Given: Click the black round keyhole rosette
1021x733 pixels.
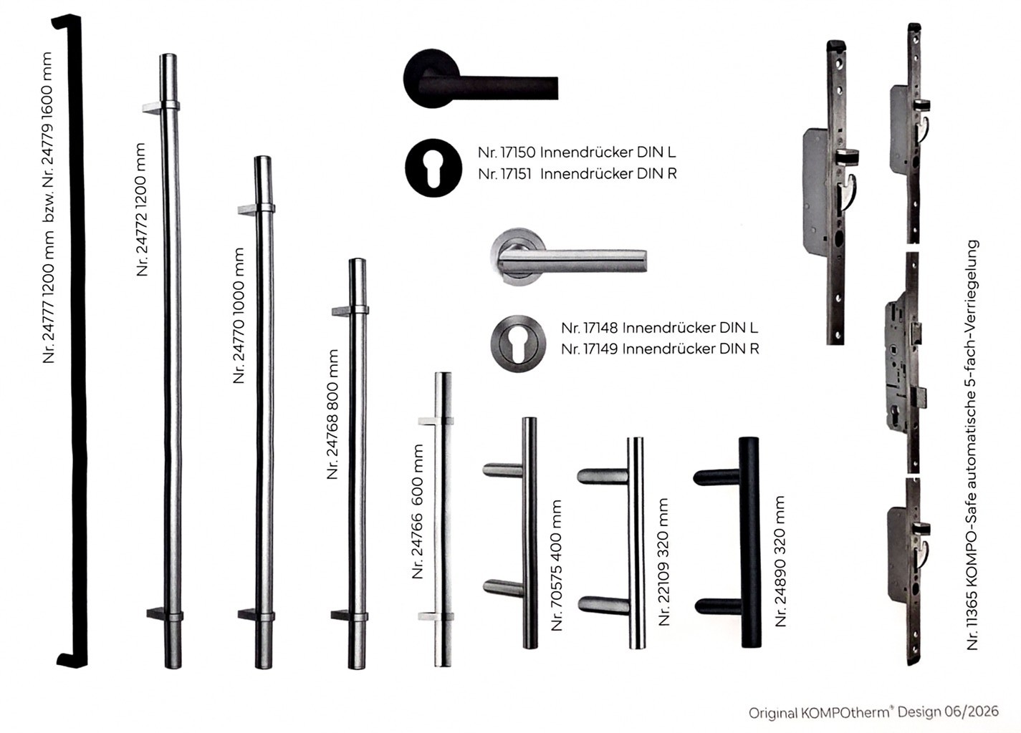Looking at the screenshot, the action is coord(433,168).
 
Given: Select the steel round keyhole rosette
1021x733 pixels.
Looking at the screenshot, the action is coord(518,344).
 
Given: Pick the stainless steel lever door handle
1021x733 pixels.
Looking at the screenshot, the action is coord(568,257).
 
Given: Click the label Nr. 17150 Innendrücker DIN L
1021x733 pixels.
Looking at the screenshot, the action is coord(577,152).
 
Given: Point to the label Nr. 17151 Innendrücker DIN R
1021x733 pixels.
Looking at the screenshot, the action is coord(577,174).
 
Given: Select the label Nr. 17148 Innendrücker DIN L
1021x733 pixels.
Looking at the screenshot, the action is coord(660,328).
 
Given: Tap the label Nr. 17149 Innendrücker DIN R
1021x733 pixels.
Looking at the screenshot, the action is coord(660,349).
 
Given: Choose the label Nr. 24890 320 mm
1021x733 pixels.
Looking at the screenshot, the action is coord(780,561).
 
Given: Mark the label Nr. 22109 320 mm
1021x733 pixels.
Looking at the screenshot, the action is coord(664,562).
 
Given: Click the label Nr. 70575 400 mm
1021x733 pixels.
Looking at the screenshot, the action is coord(557,565).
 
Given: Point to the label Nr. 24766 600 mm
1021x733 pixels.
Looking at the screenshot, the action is coord(418,511).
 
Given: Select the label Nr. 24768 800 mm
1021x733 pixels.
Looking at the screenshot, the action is coord(332,414).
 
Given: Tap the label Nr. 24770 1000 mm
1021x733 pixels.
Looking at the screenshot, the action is coord(239,316).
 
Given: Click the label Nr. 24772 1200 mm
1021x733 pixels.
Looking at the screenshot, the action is coord(141,210).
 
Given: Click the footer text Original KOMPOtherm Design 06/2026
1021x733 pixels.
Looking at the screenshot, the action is coord(873,712).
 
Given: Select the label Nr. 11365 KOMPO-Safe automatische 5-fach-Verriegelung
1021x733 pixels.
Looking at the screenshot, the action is coord(972,445).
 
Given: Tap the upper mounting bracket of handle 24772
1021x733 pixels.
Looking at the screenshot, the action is coord(160,107).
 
